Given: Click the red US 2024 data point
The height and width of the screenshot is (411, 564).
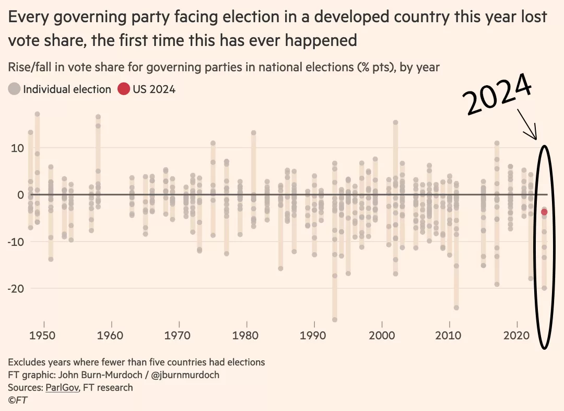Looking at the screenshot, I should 544,212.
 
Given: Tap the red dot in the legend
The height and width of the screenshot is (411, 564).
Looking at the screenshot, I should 123,89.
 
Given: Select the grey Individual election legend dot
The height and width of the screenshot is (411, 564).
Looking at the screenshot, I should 15,89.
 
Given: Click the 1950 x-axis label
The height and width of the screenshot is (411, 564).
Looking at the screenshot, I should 44,335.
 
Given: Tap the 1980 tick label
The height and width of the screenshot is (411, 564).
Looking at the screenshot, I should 246,335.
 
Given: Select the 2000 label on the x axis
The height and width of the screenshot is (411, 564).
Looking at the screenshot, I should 382,335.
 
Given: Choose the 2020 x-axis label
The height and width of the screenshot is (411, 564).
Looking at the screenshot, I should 517,335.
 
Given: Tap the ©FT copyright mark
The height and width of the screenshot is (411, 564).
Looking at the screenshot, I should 18,401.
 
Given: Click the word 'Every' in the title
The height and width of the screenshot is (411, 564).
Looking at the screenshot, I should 31,17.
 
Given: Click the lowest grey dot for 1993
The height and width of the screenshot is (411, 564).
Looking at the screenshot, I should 335,319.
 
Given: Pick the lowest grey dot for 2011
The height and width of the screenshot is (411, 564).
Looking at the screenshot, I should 456,307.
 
